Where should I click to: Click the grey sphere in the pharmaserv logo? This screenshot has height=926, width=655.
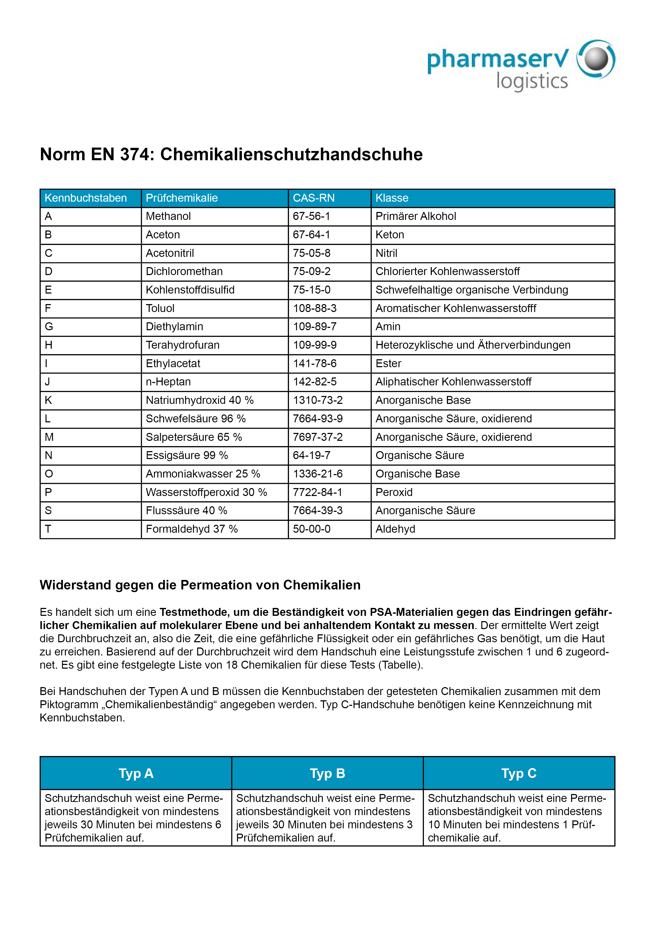coord(596,59)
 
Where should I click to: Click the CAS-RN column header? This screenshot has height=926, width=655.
coord(314,198)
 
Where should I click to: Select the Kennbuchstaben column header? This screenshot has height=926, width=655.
coord(86,198)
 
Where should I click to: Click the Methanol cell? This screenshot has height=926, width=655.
coord(168,216)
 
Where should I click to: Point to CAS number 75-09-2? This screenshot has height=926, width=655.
coord(312,271)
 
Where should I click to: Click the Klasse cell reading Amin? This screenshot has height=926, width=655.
coord(388,327)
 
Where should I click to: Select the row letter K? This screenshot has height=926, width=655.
coord(48,400)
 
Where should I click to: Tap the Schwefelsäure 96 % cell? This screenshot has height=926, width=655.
coord(196,419)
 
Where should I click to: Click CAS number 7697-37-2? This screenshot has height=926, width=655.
coord(318,437)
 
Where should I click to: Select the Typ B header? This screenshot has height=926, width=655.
coord(327,773)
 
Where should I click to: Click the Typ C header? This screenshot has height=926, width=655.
coord(519,773)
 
